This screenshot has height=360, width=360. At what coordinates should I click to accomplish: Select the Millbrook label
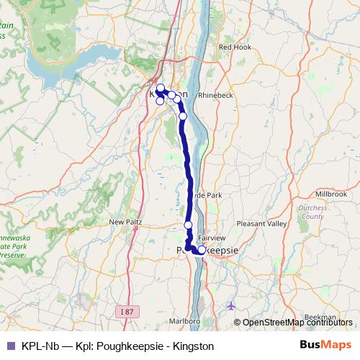coord(330,194)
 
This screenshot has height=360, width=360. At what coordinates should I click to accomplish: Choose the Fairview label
coord(212,236)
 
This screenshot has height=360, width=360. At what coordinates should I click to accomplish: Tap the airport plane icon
coord(230,306)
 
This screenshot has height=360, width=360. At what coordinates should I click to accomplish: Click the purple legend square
coord(10,346)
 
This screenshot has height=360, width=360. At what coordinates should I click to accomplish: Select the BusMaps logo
coord(325,346)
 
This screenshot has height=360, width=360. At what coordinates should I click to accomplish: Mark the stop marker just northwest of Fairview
coord(189,225)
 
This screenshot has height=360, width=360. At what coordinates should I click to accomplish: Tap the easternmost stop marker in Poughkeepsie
coord(202,250)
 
